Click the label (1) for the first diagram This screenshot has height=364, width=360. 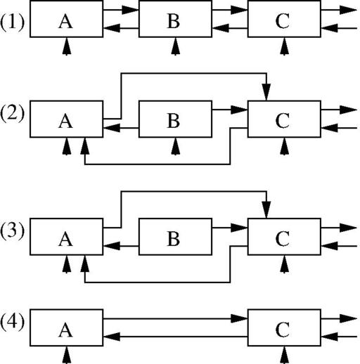coord(12,22)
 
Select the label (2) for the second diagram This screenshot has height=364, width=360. coord(12,114)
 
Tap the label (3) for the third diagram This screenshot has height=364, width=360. coord(12,232)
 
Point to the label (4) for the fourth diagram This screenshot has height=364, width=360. coord(12,323)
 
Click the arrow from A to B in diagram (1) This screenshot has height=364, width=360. coord(121,10)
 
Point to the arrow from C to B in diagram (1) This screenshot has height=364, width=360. coord(230,28)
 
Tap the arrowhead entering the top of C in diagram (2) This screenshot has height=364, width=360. coord(266,92)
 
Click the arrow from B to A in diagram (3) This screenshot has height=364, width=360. coord(121,246)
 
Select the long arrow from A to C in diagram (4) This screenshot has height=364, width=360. coord(175,318)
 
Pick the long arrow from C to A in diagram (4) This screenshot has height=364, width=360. coord(175,337)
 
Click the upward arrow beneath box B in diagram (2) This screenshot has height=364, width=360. coord(175,146)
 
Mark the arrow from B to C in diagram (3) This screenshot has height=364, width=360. coord(230,228)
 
